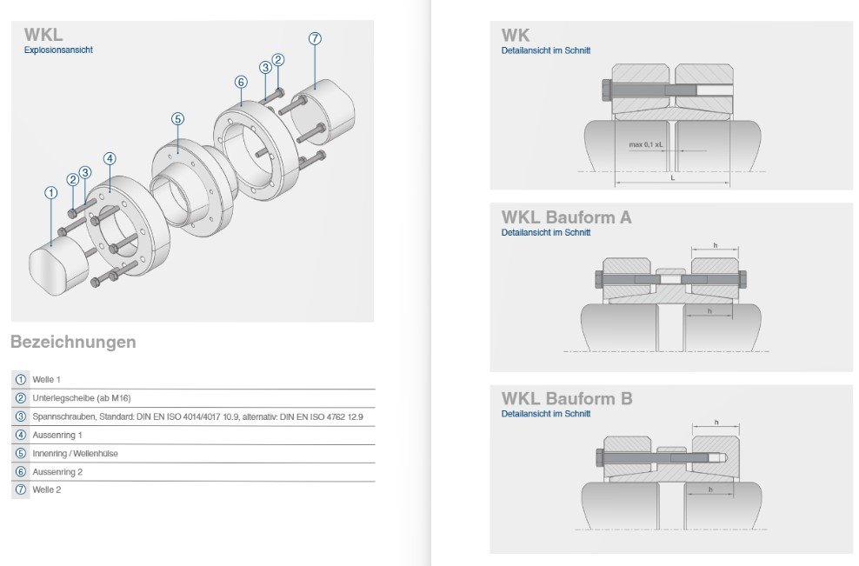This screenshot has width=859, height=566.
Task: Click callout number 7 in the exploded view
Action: coord(315,38)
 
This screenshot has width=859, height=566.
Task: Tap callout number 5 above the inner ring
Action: coord(177,119)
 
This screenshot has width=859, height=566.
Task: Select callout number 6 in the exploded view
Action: coord(241,83)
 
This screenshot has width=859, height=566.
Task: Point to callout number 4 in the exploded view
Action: coord(110,159)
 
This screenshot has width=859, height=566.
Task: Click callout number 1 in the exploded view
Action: coord(51,193)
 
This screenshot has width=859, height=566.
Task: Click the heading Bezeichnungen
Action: coord(73,342)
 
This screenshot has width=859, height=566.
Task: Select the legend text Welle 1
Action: coord(47,380)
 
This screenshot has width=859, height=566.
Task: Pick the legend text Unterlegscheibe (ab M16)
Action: coord(82,398)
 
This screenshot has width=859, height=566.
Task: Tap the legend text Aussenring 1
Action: coord(57,435)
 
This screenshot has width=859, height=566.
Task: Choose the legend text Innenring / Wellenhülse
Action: coord(75,454)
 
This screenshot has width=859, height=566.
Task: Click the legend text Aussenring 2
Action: coord(57,472)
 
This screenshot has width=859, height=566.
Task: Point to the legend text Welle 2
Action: coord(47,489)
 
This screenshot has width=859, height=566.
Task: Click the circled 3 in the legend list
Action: coord(21,416)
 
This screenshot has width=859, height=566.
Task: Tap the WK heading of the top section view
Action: coord(516,36)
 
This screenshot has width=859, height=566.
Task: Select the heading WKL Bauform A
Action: coord(567,217)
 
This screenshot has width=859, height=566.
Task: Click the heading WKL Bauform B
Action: coord(567,399)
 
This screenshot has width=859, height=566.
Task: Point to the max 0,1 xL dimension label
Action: coord(646,144)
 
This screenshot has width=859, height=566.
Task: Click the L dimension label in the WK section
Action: coord(673,178)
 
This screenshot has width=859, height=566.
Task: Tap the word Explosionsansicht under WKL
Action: coord(58,50)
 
